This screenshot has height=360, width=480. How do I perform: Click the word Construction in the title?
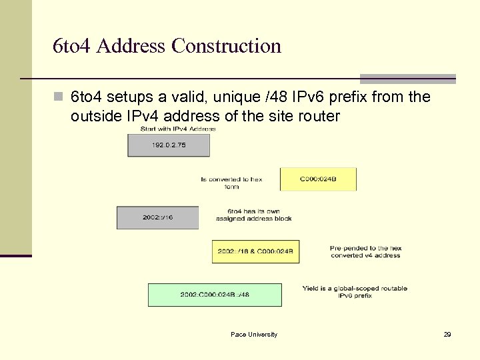tap(226, 46)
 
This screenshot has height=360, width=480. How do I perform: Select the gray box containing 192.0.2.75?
tap(169, 145)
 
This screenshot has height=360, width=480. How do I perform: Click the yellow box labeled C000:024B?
tap(318, 179)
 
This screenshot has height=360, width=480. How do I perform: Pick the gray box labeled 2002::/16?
tap(158, 217)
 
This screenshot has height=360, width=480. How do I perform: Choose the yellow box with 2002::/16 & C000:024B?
tap(255, 251)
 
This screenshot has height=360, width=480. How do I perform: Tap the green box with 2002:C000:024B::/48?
tap(215, 295)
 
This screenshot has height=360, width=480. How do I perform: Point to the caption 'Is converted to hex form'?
tap(231, 183)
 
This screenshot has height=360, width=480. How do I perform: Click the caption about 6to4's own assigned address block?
tap(253, 215)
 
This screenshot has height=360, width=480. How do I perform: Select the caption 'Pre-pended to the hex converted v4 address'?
tap(365, 251)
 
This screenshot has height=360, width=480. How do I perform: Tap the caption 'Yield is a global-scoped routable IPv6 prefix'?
tap(355, 291)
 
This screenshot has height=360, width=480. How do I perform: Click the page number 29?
tap(447, 334)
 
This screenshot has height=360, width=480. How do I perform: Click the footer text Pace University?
tap(254, 334)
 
